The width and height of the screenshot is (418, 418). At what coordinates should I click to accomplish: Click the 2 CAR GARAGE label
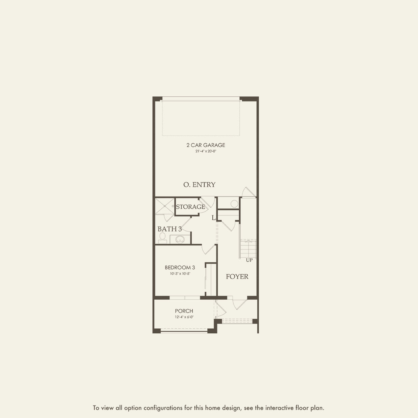[206, 145]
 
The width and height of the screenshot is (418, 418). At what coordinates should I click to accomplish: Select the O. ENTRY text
[199, 185]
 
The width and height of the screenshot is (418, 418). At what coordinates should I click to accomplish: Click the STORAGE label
[190, 207]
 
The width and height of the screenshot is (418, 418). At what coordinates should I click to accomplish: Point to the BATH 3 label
[170, 229]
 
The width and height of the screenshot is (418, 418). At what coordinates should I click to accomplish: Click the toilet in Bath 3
[162, 238]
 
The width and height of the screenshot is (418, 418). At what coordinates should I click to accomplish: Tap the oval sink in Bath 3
[180, 240]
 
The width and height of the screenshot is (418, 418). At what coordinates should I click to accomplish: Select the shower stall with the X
[164, 206]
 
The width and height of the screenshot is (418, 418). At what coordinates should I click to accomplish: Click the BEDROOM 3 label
[180, 268]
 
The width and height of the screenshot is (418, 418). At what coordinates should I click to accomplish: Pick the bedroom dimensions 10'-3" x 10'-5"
[180, 274]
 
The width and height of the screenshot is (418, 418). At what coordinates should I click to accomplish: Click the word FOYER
[237, 277]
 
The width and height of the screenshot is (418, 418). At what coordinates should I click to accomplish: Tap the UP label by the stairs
[249, 260]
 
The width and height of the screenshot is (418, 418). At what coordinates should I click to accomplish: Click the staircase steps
[248, 249]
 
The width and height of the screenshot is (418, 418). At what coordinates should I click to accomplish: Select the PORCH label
[184, 311]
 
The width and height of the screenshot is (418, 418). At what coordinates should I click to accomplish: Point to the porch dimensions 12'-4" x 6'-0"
[184, 317]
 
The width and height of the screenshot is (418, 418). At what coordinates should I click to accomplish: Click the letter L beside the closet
[213, 218]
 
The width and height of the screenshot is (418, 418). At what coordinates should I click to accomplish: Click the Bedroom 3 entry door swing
[208, 250]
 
